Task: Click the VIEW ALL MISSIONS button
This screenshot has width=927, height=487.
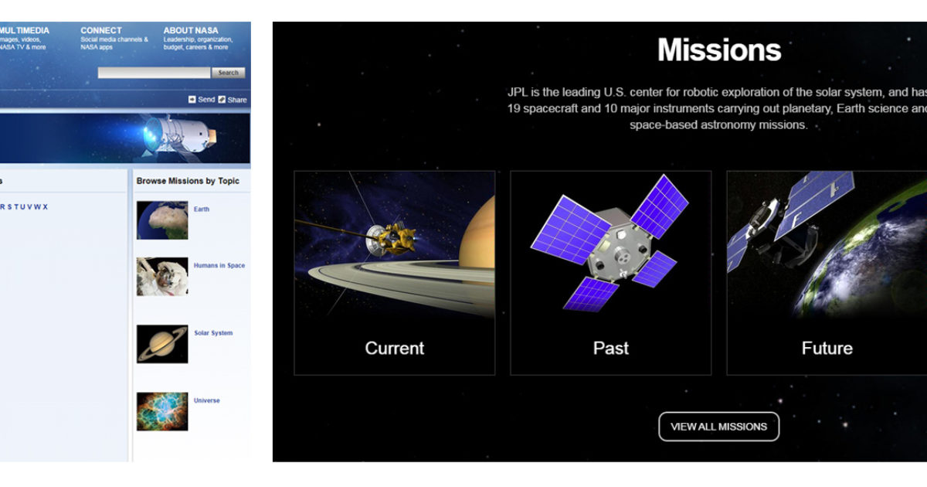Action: pyautogui.click(x=718, y=427)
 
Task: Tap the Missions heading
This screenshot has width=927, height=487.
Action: pyautogui.click(x=719, y=50)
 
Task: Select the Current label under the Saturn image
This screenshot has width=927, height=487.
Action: pyautogui.click(x=394, y=349)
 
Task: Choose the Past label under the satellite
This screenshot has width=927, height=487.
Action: pyautogui.click(x=610, y=349)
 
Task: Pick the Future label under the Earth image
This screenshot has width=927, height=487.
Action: pyautogui.click(x=827, y=349)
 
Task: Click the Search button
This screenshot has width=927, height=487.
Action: pyautogui.click(x=228, y=73)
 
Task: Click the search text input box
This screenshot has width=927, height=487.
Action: pyautogui.click(x=154, y=73)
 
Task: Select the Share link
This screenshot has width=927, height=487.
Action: pyautogui.click(x=236, y=100)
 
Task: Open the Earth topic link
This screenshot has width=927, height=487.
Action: pyautogui.click(x=202, y=209)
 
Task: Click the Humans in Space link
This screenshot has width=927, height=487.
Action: pyautogui.click(x=219, y=266)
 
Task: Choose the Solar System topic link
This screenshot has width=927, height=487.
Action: pyautogui.click(x=213, y=333)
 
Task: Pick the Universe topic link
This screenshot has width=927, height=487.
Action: pyautogui.click(x=207, y=400)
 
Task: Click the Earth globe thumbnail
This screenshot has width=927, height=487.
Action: pyautogui.click(x=162, y=220)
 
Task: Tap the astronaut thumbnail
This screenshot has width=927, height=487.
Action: pyautogui.click(x=162, y=277)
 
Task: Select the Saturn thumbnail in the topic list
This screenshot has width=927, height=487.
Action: pyautogui.click(x=162, y=344)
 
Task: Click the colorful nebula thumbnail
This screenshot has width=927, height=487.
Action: pyautogui.click(x=162, y=411)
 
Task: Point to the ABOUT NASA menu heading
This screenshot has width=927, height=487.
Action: pyautogui.click(x=191, y=31)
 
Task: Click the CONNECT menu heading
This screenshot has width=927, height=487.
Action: pyautogui.click(x=101, y=31)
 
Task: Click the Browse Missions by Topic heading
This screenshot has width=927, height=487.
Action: pyautogui.click(x=188, y=181)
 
